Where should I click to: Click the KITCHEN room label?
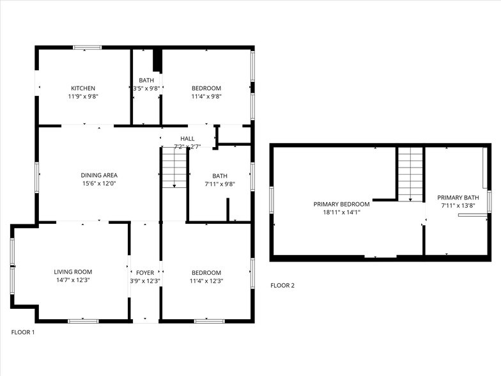(x=83, y=88)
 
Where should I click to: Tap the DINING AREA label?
(x=99, y=175)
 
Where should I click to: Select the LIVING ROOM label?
(x=73, y=272)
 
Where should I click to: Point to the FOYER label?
(x=145, y=272)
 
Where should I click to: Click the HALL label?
(x=187, y=139)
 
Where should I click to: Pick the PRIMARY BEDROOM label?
(x=341, y=204)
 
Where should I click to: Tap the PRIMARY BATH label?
(x=458, y=198)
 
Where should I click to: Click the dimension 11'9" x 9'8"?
(x=83, y=97)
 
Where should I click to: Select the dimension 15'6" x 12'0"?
(x=99, y=184)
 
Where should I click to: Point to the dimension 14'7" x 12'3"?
(x=73, y=280)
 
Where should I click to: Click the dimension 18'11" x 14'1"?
(x=341, y=212)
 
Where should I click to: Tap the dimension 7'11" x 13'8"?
(x=458, y=206)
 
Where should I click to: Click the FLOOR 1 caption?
(x=23, y=333)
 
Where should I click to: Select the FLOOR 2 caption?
(x=282, y=285)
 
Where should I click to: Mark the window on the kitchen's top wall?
(x=87, y=47)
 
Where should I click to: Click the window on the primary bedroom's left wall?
(x=272, y=199)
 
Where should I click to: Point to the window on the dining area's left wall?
(x=37, y=175)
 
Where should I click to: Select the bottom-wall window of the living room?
(x=82, y=320)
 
